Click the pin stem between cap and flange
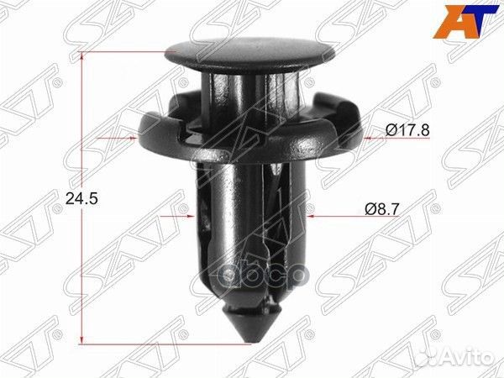(x=248, y=92)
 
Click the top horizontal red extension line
(x=126, y=51)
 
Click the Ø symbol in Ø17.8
(x=391, y=129)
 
